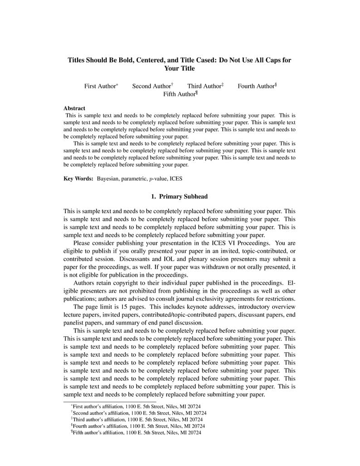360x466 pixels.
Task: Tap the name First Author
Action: click(100, 86)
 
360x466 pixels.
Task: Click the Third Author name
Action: click(204, 86)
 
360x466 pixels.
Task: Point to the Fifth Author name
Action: click(179, 94)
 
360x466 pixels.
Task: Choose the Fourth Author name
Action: click(256, 86)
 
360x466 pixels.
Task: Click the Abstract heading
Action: click(74, 108)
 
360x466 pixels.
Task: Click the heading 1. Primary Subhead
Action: click(179, 197)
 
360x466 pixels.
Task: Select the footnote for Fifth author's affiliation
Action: click(137, 433)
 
